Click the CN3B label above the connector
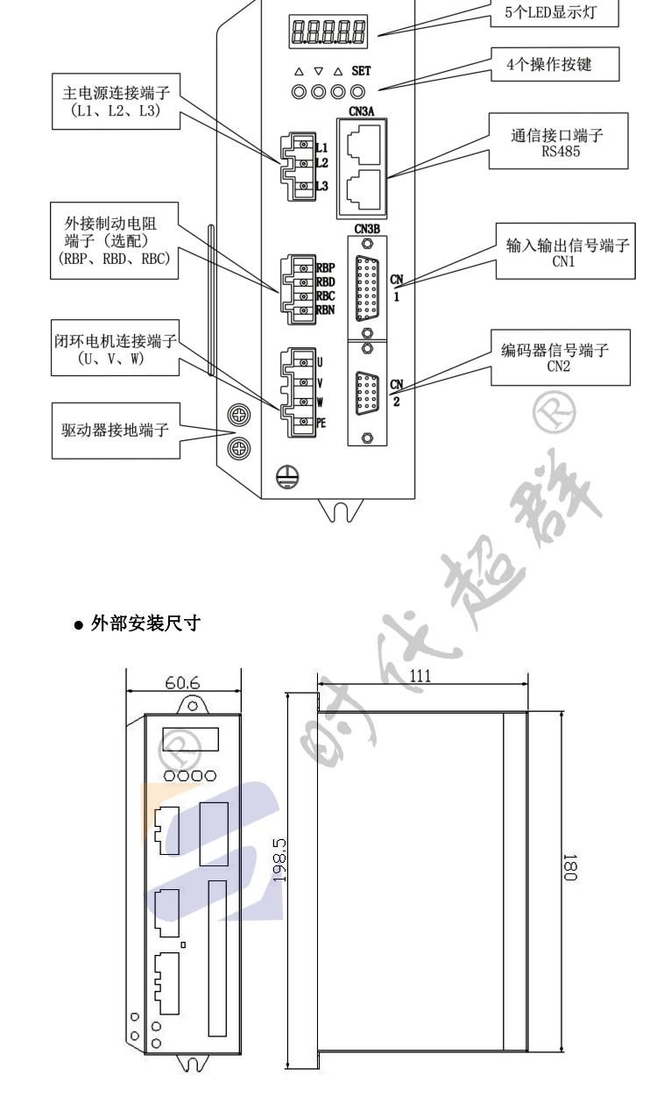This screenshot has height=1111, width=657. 368,229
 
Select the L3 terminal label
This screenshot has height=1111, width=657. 321,186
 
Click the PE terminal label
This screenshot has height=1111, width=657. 320,422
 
